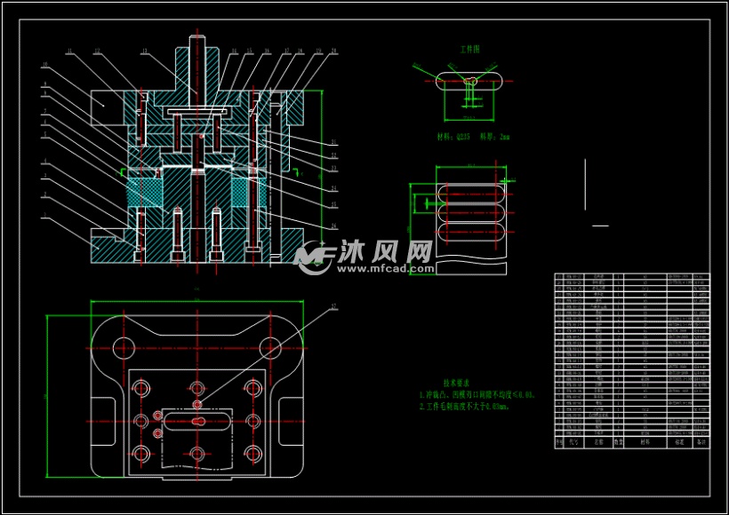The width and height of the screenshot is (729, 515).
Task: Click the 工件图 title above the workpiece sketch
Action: [469, 51]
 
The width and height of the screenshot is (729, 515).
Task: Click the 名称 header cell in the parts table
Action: [599, 440]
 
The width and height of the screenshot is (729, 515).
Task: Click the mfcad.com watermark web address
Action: [383, 267]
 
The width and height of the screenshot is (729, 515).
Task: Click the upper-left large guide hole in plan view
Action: [122, 346]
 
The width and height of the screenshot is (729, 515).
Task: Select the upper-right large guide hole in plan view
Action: [269, 346]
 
